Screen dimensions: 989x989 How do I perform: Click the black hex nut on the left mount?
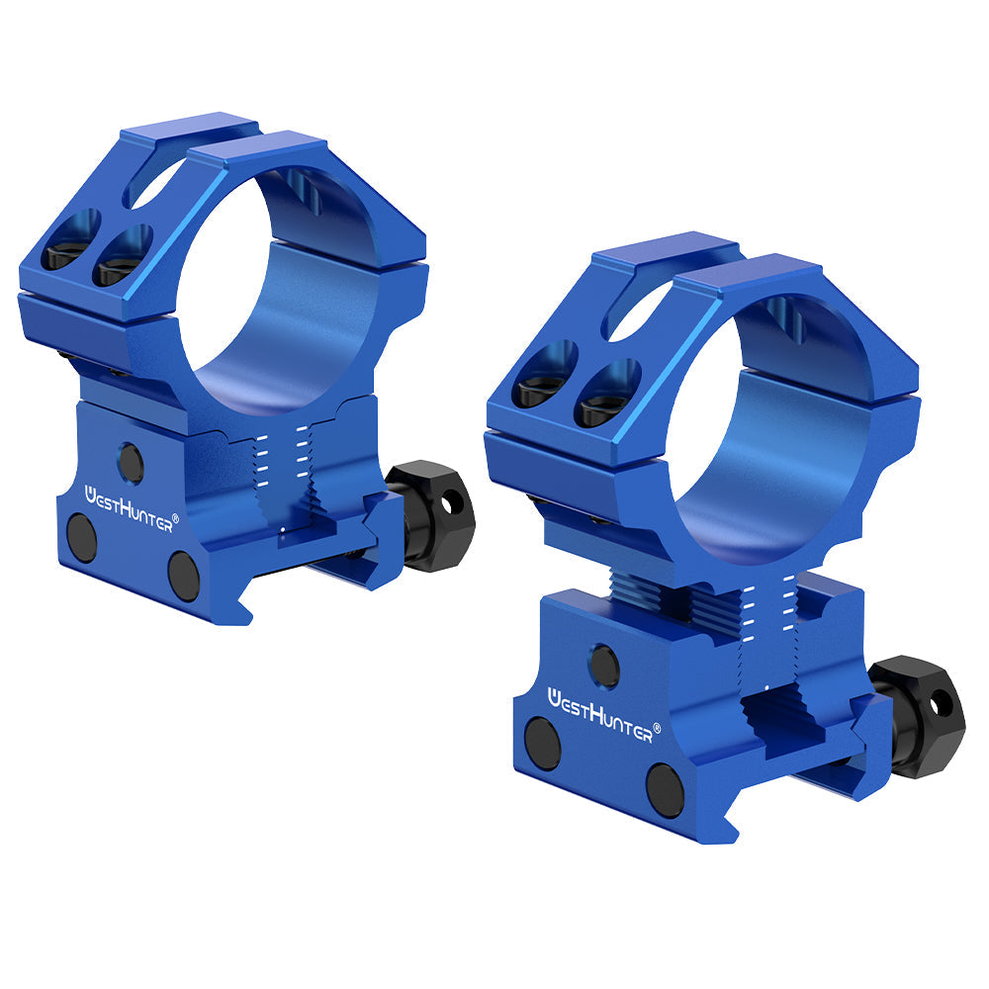click(431, 514)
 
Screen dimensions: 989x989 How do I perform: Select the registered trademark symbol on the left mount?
click(176, 517)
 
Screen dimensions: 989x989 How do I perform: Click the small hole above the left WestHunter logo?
click(130, 462)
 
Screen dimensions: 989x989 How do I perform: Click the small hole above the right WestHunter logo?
click(603, 666)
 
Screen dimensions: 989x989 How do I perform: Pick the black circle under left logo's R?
click(184, 577)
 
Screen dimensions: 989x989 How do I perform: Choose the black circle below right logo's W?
click(543, 744)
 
